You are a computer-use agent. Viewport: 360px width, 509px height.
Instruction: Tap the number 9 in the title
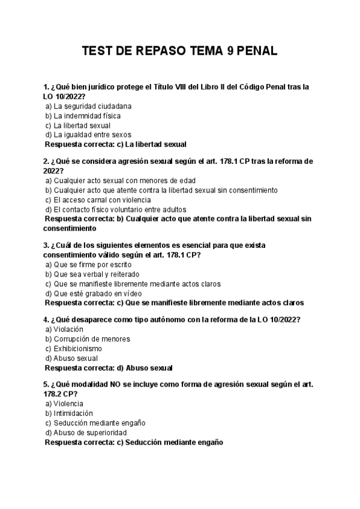pyautogui.click(x=230, y=52)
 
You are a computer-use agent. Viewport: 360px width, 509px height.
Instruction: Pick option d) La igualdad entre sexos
pyautogui.click(x=88, y=135)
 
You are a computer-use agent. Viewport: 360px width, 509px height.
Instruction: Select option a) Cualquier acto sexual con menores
pyautogui.click(x=120, y=181)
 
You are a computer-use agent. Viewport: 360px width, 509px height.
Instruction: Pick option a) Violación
pyautogui.click(x=64, y=330)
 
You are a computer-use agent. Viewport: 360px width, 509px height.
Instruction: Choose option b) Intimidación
pyautogui.click(x=69, y=414)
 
